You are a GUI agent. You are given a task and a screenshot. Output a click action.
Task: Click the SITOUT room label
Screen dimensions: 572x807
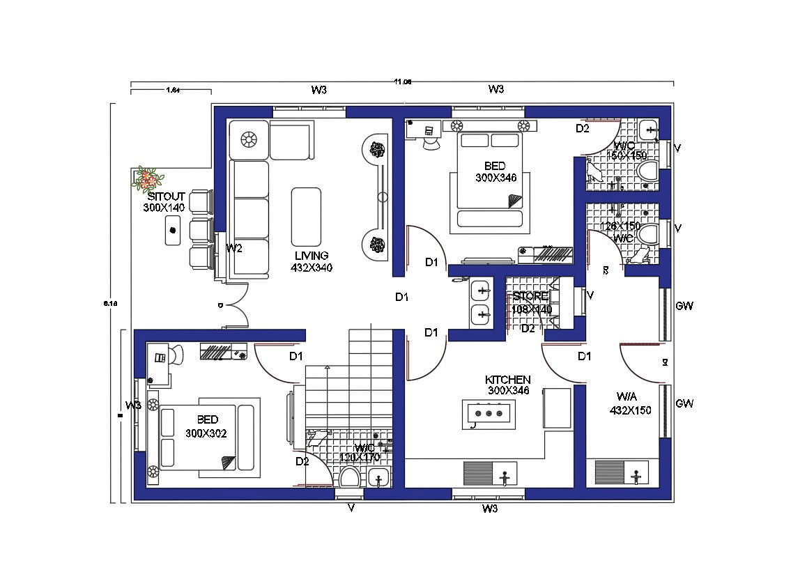coord(164,197)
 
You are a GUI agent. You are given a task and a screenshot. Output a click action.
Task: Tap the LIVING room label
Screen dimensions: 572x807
coord(311,256)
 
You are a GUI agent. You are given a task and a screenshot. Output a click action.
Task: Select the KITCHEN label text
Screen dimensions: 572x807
coord(508,380)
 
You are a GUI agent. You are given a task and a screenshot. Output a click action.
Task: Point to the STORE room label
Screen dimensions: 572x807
coord(531,297)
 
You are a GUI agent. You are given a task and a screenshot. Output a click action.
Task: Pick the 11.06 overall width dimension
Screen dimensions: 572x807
coord(402,82)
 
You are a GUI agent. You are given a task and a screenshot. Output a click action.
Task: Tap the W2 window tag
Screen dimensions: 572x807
coord(234,249)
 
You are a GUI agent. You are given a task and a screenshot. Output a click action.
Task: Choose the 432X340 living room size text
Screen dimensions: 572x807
coord(311,267)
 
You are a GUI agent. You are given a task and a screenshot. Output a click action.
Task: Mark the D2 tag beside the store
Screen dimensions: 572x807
coord(528,329)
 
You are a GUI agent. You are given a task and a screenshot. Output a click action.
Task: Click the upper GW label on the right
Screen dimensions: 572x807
coord(684,306)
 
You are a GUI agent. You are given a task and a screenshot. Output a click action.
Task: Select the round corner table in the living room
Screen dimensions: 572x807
coord(249,139)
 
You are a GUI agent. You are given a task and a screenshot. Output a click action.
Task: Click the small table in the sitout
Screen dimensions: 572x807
coord(173,231)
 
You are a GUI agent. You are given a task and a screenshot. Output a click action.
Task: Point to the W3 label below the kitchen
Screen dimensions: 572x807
coord(490,509)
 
